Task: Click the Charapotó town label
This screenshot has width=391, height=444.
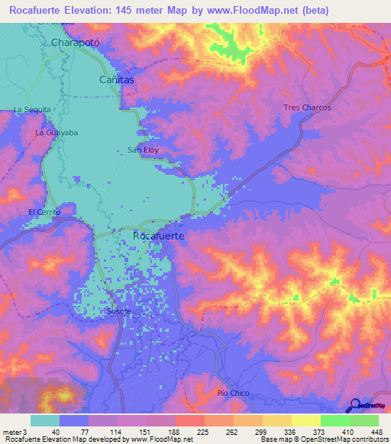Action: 76,43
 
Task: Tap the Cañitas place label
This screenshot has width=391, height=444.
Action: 117,79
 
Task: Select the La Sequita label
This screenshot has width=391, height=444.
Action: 32,110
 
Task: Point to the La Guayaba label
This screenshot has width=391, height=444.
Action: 57,132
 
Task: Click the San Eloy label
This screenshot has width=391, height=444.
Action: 143,150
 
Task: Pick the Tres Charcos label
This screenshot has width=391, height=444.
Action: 307,108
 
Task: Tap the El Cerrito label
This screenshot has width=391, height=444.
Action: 43,211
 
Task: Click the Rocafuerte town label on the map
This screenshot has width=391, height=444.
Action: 159,236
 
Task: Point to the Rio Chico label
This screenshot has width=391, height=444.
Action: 234,393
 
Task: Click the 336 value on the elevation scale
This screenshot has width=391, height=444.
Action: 289,432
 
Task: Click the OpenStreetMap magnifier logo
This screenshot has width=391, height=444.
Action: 354,406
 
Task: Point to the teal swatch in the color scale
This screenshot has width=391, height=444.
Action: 45,420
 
